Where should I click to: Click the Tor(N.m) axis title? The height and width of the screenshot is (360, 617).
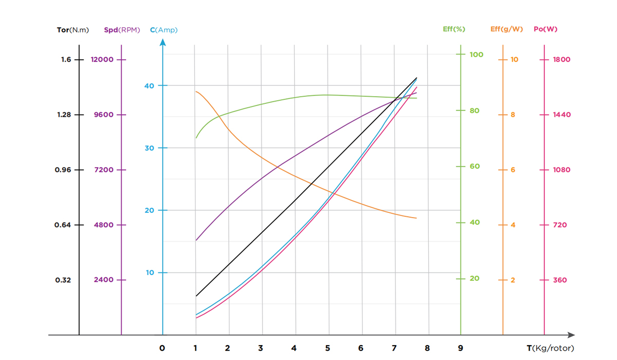(x=72, y=30)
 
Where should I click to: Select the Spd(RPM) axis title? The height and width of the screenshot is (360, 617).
(x=122, y=30)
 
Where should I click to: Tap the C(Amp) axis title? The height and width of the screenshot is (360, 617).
(x=164, y=30)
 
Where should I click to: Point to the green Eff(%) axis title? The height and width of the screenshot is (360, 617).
(x=453, y=29)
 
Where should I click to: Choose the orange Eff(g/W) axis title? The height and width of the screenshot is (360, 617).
(x=506, y=29)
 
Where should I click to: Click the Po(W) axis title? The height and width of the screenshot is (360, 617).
(x=545, y=29)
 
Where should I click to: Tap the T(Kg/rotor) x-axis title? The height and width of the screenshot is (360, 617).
(x=550, y=348)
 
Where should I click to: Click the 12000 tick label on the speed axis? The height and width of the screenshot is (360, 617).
(x=102, y=60)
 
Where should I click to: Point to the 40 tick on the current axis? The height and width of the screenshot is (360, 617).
(x=149, y=85)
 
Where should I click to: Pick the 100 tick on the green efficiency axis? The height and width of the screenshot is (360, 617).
(x=476, y=54)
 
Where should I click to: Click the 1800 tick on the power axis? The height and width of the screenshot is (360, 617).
(x=561, y=60)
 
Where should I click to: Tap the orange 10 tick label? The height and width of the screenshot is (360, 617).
(x=514, y=60)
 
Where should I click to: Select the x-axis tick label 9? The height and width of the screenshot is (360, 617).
(x=460, y=348)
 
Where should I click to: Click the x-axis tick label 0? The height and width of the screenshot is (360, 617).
(x=162, y=348)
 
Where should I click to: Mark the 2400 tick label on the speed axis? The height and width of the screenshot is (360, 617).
(x=103, y=280)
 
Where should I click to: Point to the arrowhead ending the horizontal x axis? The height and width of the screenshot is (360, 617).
(x=572, y=335)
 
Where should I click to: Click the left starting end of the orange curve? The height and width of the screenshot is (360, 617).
(x=196, y=92)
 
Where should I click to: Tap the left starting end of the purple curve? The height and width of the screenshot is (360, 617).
(x=196, y=240)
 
